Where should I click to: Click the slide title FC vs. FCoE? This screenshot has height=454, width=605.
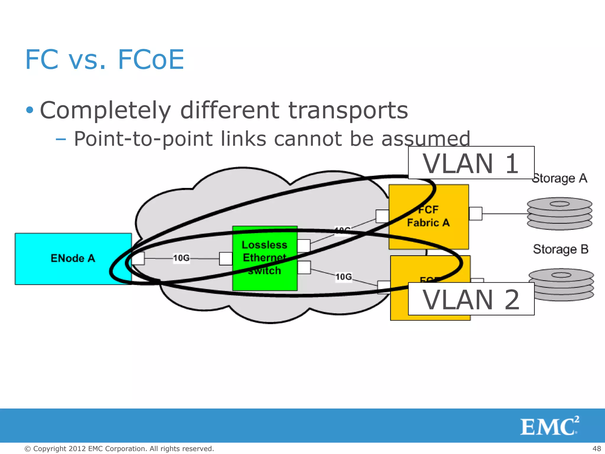(105, 60)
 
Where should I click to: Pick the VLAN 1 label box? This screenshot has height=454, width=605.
(471, 163)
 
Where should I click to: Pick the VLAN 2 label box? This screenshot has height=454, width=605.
(471, 299)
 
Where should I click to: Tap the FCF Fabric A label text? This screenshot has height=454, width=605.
(428, 216)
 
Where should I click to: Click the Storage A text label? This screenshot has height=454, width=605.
(560, 178)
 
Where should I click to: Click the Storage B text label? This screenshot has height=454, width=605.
(560, 249)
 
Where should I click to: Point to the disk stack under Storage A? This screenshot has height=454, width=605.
(560, 213)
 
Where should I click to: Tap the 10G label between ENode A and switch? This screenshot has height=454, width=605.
(181, 258)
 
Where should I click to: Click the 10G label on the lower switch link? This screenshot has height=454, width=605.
(344, 277)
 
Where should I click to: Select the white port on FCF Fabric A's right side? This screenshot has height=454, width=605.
(475, 213)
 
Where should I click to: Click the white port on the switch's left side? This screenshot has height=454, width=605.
(226, 259)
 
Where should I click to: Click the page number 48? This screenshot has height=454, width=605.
(596, 449)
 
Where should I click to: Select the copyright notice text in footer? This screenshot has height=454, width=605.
(119, 449)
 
